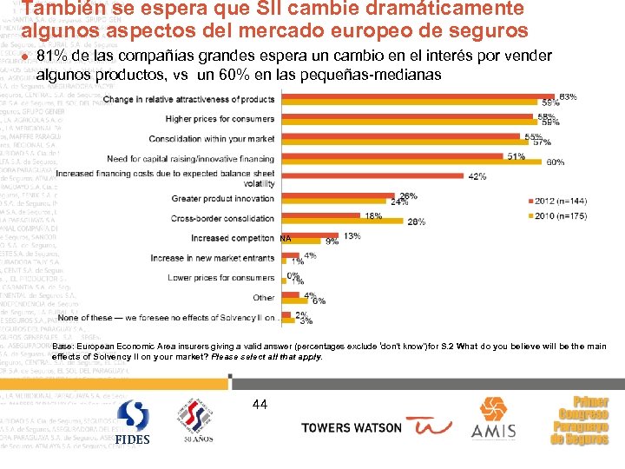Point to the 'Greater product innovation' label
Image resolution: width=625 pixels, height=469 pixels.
pos(223,199)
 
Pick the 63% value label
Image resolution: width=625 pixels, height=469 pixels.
pos(568,96)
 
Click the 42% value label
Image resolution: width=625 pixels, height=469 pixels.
pos(477,176)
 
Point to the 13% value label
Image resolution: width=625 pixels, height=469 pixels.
pos(352,235)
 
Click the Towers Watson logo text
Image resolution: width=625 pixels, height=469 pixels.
pos(352,427)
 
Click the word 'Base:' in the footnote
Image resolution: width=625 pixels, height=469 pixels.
pos(89,346)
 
